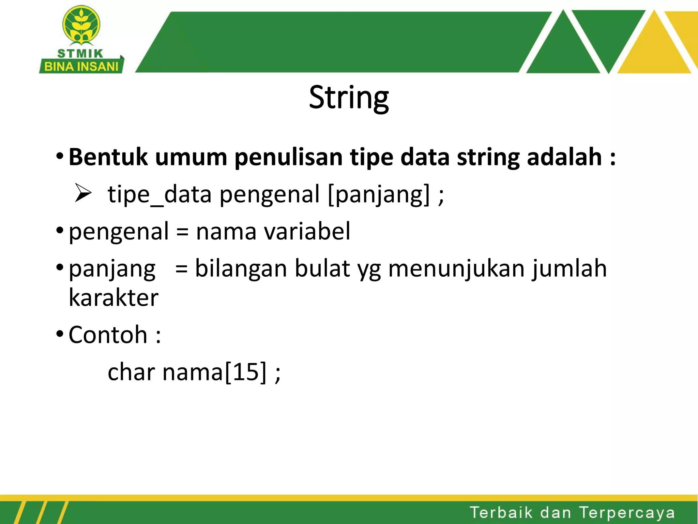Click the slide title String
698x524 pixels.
pyautogui.click(x=349, y=98)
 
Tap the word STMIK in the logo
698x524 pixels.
pyautogui.click(x=80, y=54)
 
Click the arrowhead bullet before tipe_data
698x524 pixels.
pyautogui.click(x=83, y=193)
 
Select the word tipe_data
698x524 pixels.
pyautogui.click(x=160, y=194)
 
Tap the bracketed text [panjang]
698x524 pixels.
pyautogui.click(x=378, y=194)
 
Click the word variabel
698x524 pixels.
pyautogui.click(x=307, y=231)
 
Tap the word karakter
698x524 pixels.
pyautogui.click(x=113, y=298)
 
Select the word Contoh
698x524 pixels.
pyautogui.click(x=108, y=335)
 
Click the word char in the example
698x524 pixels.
pyautogui.click(x=131, y=372)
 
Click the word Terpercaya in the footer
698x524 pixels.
pyautogui.click(x=627, y=513)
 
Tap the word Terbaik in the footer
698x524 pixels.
pyautogui.click(x=501, y=513)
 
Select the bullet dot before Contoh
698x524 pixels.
pyautogui.click(x=60, y=333)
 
